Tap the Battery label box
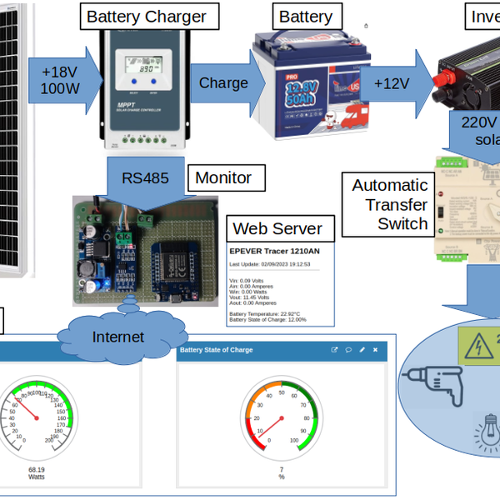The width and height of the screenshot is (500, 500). pyautogui.click(x=305, y=16)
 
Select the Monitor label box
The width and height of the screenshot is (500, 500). pyautogui.click(x=222, y=177)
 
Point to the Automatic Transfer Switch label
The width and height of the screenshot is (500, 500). pyautogui.click(x=390, y=204)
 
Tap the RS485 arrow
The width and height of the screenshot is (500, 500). pyautogui.click(x=142, y=179)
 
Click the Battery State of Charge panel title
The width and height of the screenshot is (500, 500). pyautogui.click(x=217, y=351)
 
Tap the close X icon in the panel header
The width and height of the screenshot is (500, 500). pyautogui.click(x=375, y=351)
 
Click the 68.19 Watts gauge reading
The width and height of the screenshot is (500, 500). pyautogui.click(x=37, y=473)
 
